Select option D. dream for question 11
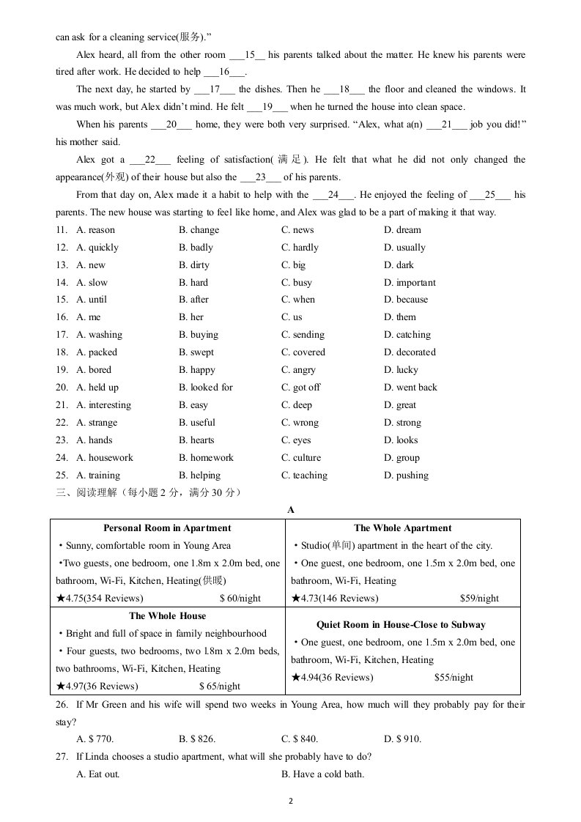click(x=402, y=229)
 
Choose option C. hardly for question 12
click(x=300, y=247)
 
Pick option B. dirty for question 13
click(x=194, y=264)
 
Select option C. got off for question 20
click(x=300, y=388)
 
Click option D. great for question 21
click(x=400, y=405)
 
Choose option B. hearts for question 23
click(x=196, y=440)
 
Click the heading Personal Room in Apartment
click(x=167, y=528)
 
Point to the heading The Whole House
click(x=168, y=616)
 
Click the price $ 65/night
click(x=220, y=686)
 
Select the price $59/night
click(x=479, y=599)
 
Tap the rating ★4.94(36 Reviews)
click(x=332, y=678)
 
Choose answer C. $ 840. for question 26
click(x=300, y=739)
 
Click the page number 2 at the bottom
click(x=291, y=801)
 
